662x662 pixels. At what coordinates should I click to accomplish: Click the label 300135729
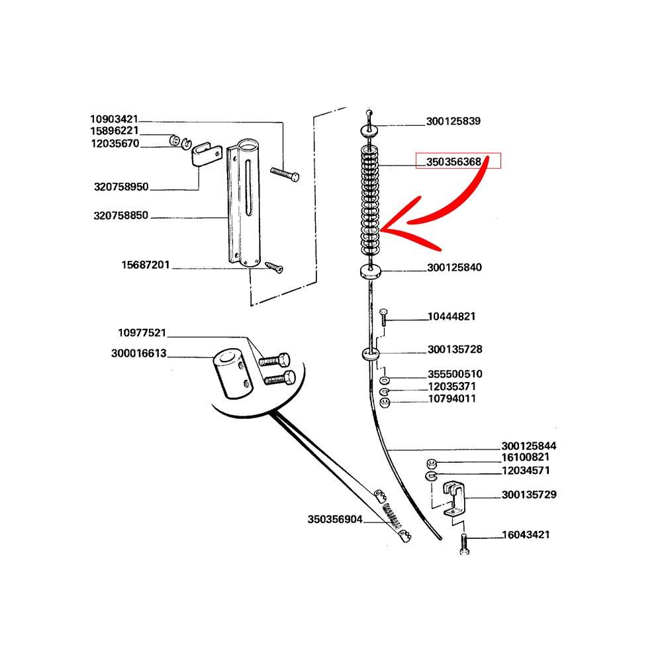[529, 495]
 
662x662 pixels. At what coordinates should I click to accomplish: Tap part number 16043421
[526, 535]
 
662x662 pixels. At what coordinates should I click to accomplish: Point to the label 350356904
[335, 520]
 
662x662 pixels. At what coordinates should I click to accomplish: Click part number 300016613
[139, 354]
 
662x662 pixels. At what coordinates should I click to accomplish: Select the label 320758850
[121, 216]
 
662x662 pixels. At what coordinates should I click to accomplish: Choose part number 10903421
[115, 119]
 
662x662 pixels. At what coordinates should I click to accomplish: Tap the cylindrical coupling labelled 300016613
[230, 375]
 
